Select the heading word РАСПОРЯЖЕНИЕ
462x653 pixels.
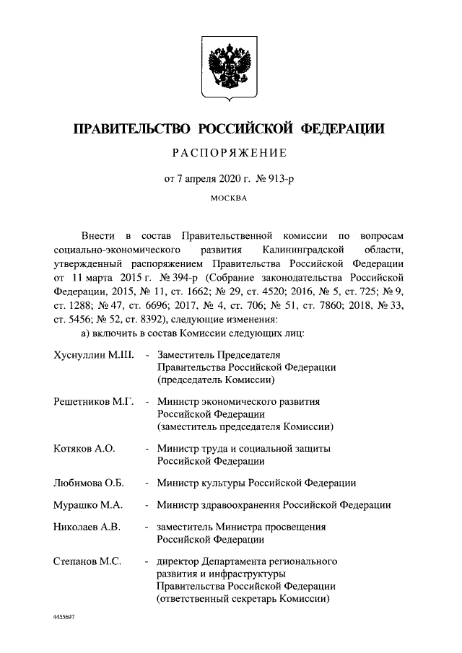pos(230,152)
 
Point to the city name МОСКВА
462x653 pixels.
pos(230,197)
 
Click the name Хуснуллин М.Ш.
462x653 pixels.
pos(90,356)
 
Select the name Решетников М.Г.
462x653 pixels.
pos(90,402)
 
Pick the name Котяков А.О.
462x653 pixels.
pos(84,449)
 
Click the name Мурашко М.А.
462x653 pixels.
pos(87,505)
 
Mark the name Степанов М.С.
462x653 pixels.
pos(87,561)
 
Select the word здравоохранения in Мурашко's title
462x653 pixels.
pos(240,505)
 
